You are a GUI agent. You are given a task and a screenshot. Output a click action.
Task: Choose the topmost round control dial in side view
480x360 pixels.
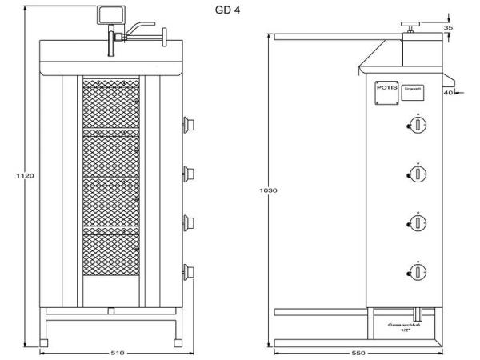coord(416,124)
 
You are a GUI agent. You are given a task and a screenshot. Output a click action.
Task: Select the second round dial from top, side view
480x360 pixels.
coord(416,174)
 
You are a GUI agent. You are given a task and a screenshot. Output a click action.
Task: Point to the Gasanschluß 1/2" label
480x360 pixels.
coord(400,328)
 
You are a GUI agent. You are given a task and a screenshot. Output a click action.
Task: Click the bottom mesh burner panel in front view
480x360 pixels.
coord(113,254)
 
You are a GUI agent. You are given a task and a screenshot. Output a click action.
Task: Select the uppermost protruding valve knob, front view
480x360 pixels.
coord(190,122)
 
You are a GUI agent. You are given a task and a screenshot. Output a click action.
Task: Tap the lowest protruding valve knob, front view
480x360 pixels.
coord(190,270)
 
